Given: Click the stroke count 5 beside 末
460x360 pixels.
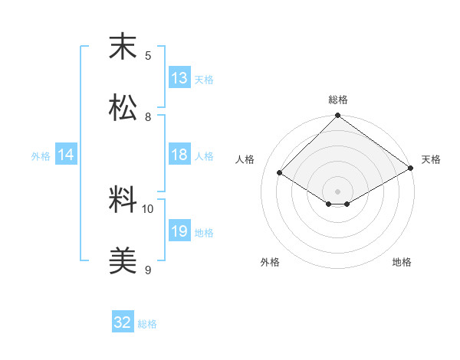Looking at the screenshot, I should pos(148,55).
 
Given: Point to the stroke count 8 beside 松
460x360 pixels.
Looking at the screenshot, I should pos(148,116).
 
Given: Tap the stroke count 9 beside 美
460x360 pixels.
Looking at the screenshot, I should pos(148,270).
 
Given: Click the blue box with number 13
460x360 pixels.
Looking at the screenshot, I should pos(179,78).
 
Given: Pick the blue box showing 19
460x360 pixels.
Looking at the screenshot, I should pos(179,231).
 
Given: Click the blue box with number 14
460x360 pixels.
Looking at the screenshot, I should pos(66,155).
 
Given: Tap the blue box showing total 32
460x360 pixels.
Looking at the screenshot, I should pos(123,322).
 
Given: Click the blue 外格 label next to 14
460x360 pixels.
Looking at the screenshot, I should pos(41,156).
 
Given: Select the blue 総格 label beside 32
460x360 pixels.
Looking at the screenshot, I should pos(147,323).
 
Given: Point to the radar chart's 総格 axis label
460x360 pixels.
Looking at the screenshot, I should pos(338,100).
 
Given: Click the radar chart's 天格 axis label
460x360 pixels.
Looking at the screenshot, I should pos(431,159).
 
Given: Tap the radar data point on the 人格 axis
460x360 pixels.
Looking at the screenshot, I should pos(280,173).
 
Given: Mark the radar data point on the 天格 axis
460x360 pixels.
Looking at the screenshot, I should pos(411,169).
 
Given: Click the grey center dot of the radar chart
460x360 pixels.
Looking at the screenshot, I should pos(338,191).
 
